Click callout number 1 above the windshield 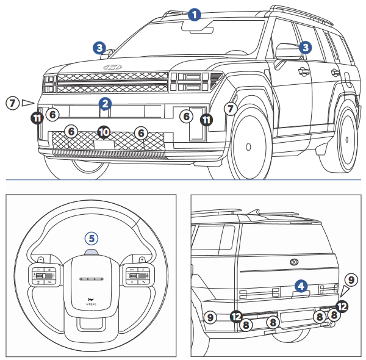(x=194, y=14)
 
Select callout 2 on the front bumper (x=106, y=104)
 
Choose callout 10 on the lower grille (x=104, y=131)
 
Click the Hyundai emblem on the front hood (x=112, y=67)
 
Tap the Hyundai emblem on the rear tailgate (x=295, y=262)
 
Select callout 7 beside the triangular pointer (x=12, y=103)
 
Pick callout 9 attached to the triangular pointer (x=350, y=279)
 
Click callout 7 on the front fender (x=230, y=109)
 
